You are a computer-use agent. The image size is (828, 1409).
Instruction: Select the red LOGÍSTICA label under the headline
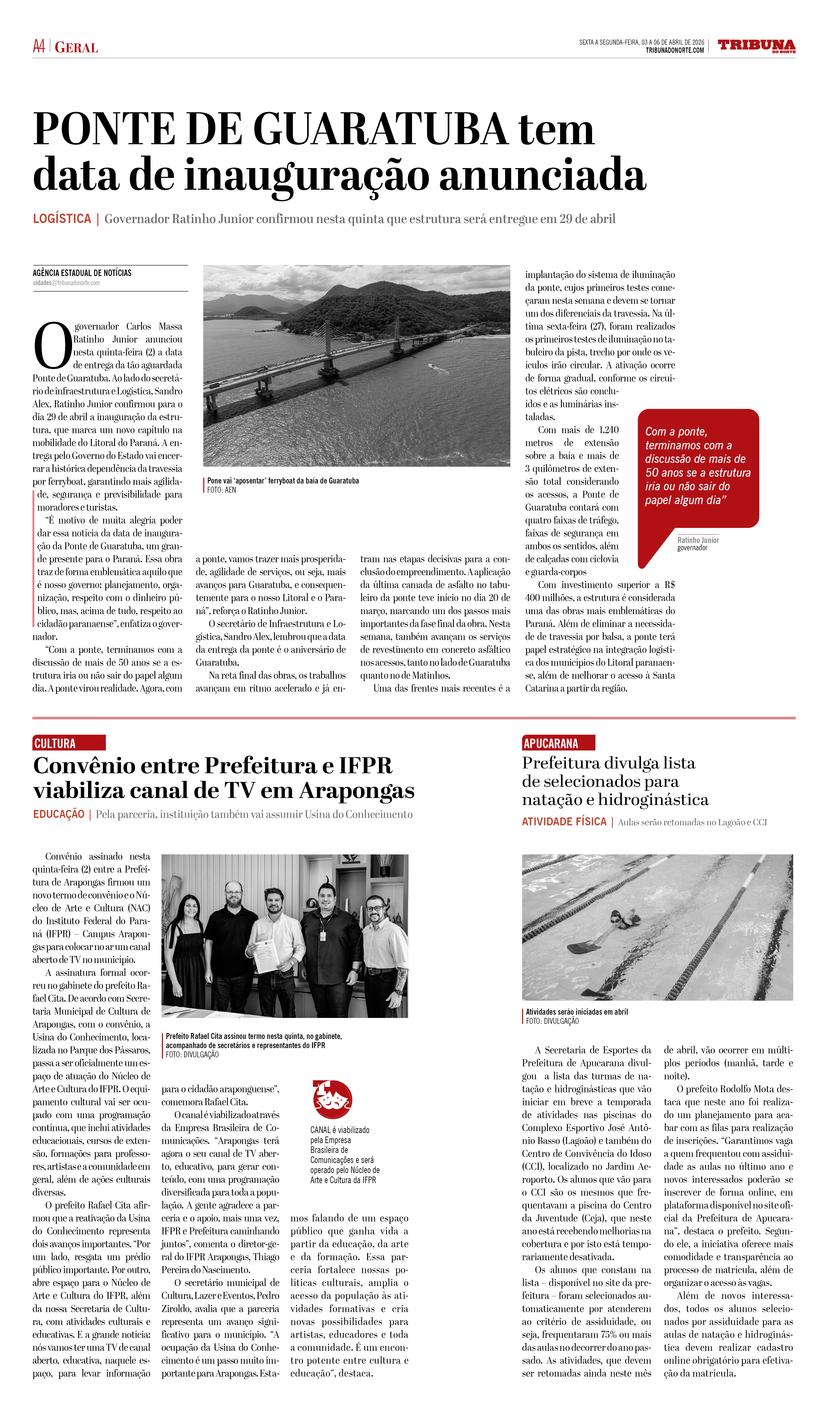(x=62, y=219)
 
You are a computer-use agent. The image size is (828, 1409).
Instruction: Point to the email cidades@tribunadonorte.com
(x=67, y=283)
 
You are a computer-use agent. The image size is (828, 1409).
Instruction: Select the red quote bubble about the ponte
(x=698, y=467)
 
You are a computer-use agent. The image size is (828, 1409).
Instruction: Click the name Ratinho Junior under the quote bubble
(x=698, y=540)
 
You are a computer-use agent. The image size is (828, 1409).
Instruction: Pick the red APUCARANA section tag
(x=558, y=743)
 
